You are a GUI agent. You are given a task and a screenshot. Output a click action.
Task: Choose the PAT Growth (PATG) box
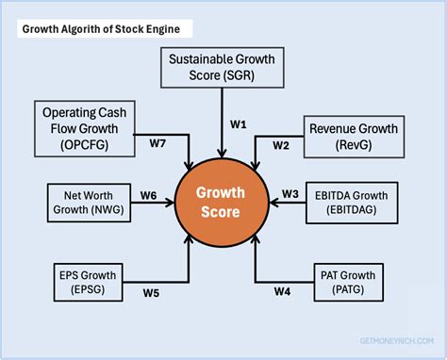[351, 283]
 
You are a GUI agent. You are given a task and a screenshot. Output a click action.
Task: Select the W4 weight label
[282, 290]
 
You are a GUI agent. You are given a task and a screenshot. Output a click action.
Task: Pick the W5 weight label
[152, 291]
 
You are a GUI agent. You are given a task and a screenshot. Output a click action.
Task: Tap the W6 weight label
[149, 194]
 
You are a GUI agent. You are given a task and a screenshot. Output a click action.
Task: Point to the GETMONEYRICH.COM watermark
[391, 342]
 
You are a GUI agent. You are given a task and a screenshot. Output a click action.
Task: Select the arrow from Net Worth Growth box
[151, 203]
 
